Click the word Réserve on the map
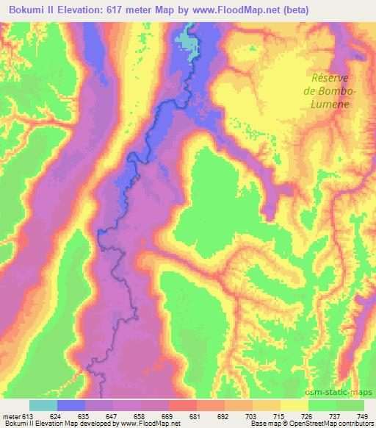pos(328,78)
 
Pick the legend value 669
pos(169,415)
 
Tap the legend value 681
pos(197,415)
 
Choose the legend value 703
pos(253,415)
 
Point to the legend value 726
pos(308,415)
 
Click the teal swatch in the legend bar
pos(43,405)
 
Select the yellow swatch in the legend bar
pos(294,405)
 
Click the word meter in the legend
pos(11,415)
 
